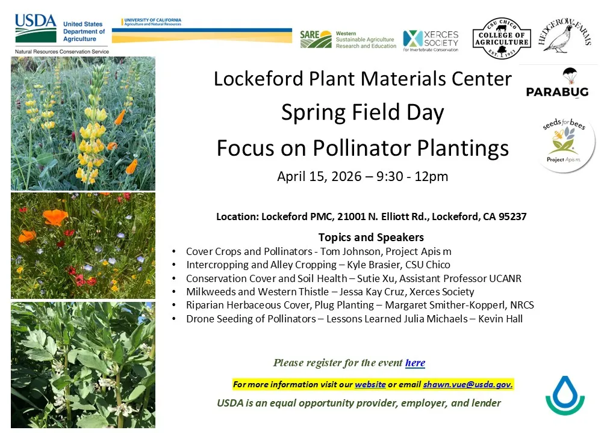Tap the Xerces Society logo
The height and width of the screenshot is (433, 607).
click(431, 40)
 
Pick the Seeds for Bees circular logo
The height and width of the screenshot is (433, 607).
click(565, 143)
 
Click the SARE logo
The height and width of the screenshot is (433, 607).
click(316, 39)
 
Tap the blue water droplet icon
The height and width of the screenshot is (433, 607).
click(565, 395)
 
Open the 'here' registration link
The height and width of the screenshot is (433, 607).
click(415, 363)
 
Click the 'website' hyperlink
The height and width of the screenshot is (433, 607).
click(370, 384)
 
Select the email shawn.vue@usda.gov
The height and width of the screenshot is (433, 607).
click(467, 384)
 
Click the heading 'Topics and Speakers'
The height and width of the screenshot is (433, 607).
click(371, 237)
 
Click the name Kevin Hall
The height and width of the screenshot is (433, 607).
click(500, 319)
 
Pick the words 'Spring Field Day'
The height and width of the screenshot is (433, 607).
click(363, 112)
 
